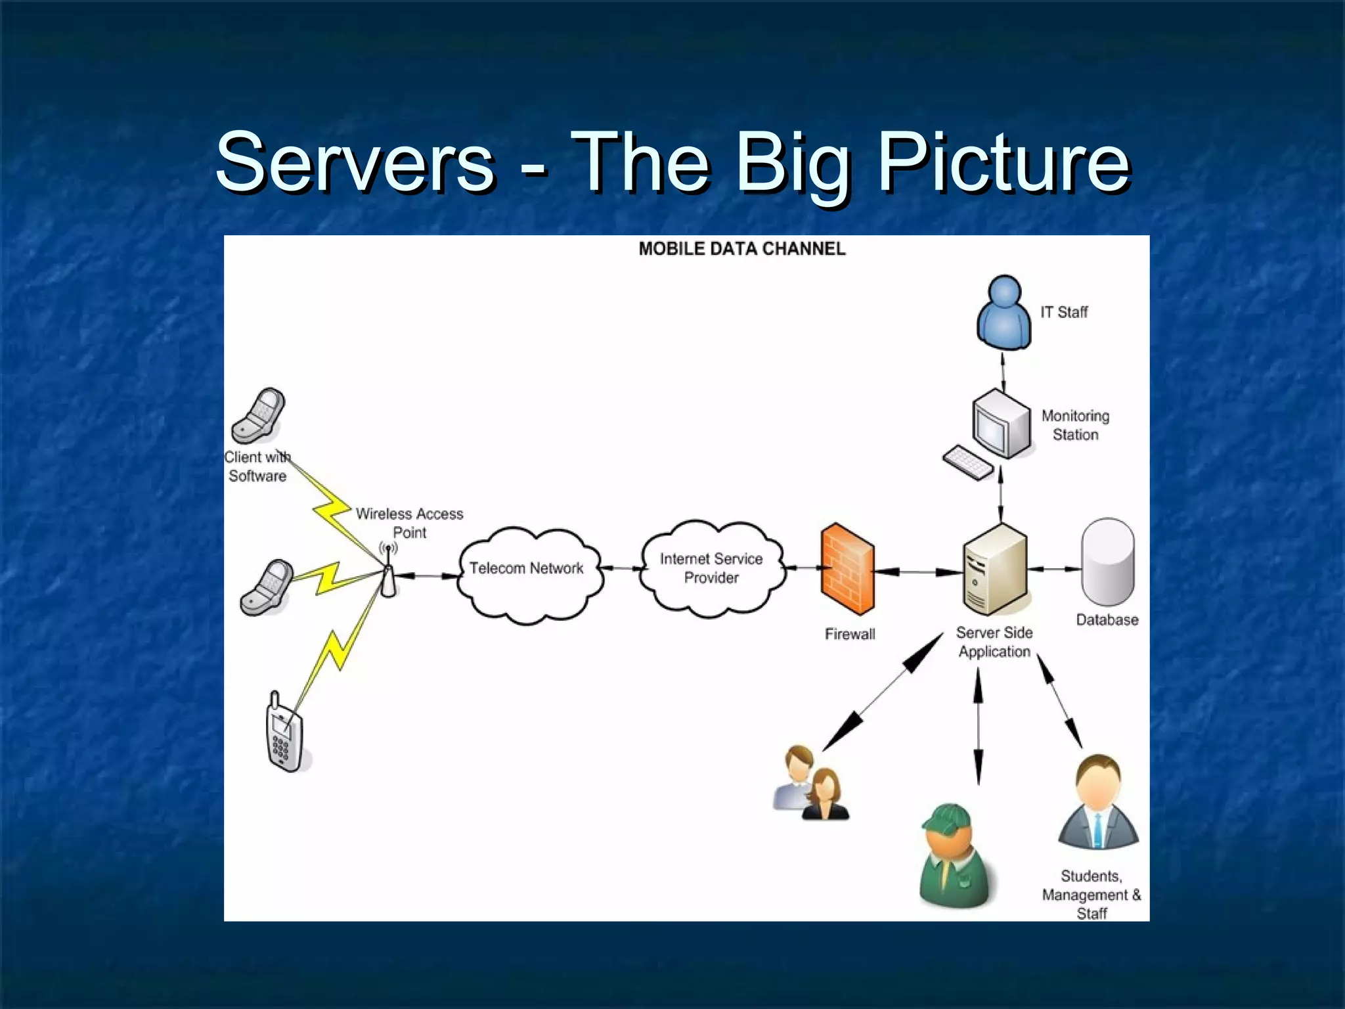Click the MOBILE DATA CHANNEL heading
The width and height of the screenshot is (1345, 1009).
click(x=741, y=249)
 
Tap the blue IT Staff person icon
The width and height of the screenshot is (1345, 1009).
click(x=1003, y=312)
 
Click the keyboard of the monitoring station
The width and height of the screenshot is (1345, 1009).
click(x=968, y=463)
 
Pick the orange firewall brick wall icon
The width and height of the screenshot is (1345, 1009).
click(x=847, y=569)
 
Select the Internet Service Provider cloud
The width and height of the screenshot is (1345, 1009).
click(x=711, y=569)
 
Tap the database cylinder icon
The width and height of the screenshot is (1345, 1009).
click(x=1107, y=562)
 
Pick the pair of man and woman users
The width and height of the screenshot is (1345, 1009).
click(x=810, y=784)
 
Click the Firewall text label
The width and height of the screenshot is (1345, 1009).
click(x=850, y=634)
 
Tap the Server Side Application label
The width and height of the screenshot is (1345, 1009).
click(x=994, y=642)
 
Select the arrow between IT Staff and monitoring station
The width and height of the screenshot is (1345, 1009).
click(x=1003, y=372)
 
